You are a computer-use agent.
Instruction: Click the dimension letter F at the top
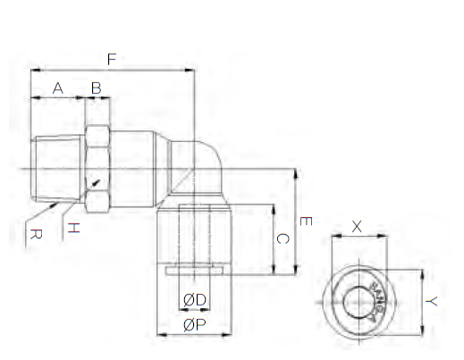point(112,61)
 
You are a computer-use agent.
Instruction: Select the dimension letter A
point(58,88)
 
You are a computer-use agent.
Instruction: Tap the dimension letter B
point(97,88)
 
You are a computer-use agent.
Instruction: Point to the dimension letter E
point(306,221)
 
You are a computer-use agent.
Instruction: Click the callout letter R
point(34,235)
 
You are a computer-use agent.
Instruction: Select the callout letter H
point(74,228)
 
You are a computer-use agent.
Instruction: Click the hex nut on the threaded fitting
point(97,168)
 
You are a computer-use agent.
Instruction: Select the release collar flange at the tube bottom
point(194,270)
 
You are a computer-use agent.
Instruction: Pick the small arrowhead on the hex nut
point(97,183)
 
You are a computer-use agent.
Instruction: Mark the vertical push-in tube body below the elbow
point(194,234)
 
